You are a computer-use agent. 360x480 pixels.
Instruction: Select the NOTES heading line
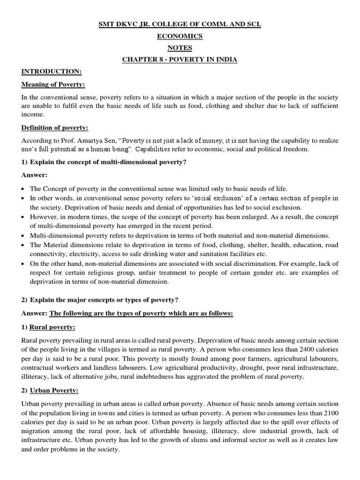180,47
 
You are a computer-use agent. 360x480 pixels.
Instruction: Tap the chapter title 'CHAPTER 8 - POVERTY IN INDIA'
180,59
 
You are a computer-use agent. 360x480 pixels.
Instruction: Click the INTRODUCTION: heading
52,71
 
